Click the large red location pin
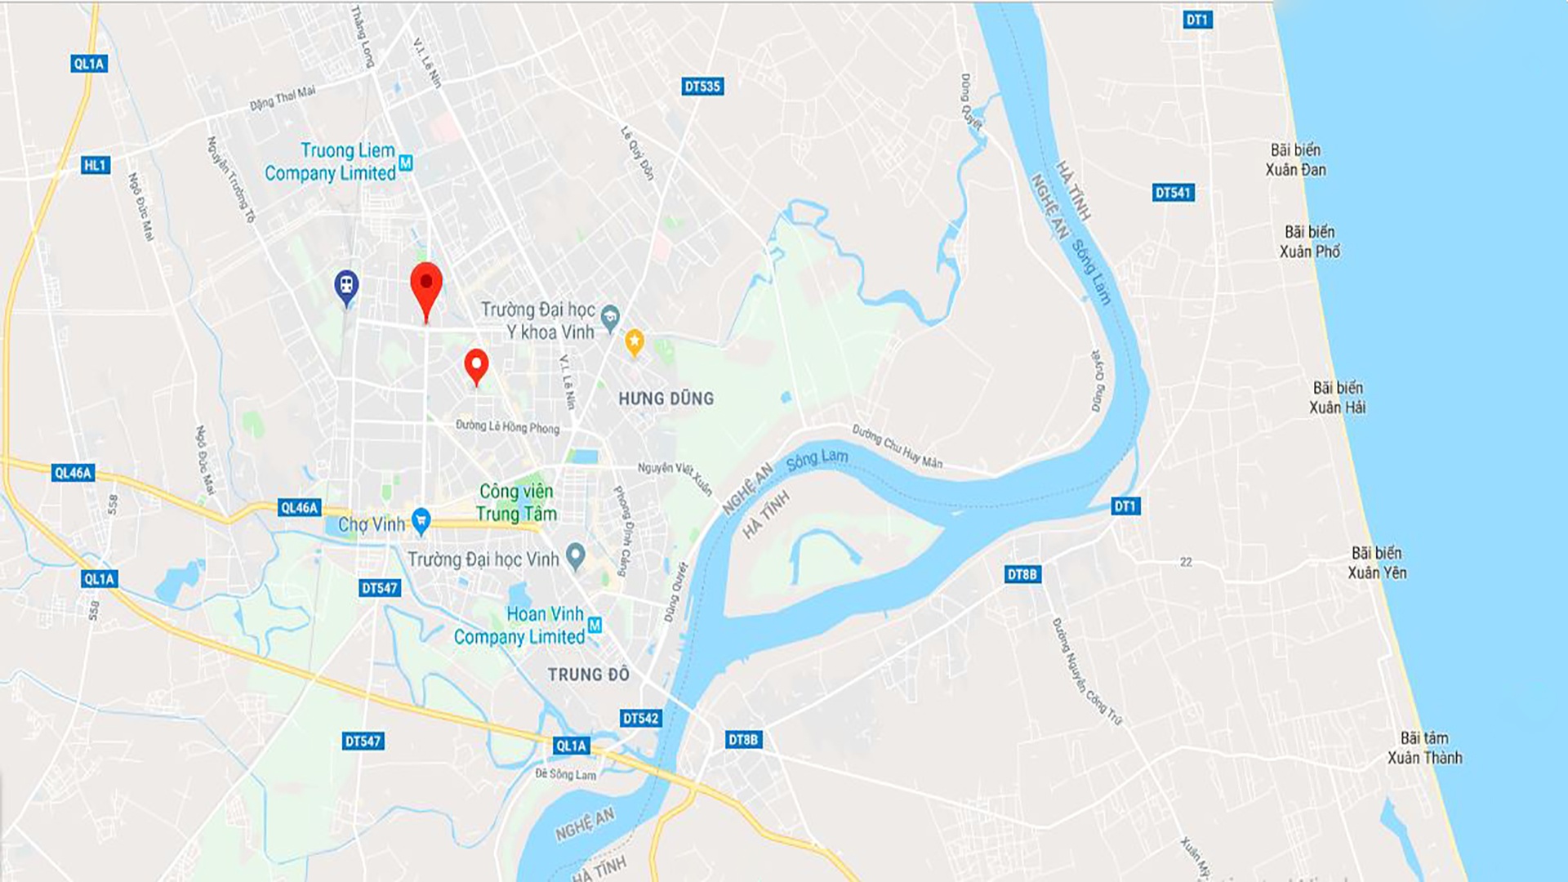[425, 287]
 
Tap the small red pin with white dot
[476, 365]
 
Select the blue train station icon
[347, 287]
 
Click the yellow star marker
[635, 341]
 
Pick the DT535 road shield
[702, 86]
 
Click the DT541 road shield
[1174, 193]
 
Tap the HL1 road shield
[95, 165]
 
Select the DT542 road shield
[640, 718]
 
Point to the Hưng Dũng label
[666, 399]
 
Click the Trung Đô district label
[588, 675]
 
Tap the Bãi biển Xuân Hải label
[1338, 398]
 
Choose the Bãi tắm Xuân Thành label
[1424, 748]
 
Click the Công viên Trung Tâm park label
[516, 502]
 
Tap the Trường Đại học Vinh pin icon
[576, 556]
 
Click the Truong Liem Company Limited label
[331, 162]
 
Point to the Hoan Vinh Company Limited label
[520, 626]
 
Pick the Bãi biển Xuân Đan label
[1295, 160]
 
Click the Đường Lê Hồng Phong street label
[507, 426]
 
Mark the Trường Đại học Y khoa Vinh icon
[610, 317]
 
